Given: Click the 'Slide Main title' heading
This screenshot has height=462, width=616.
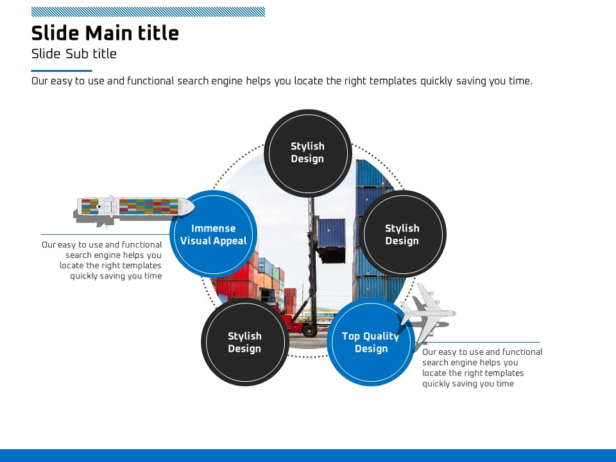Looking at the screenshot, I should [x=105, y=33].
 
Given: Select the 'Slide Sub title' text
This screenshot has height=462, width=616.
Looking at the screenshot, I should [x=74, y=54].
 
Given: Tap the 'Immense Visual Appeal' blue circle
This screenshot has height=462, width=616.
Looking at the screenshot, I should [x=214, y=234].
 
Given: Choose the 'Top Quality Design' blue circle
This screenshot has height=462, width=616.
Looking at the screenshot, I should [x=371, y=342].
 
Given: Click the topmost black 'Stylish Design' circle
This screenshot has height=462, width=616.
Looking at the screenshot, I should [x=308, y=153].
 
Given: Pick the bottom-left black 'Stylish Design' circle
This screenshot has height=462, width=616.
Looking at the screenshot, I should [x=244, y=342].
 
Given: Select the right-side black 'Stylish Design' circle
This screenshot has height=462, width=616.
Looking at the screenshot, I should [x=402, y=234].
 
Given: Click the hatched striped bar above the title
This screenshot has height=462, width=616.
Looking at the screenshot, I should [x=148, y=12].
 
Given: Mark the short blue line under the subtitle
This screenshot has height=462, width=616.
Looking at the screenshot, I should [x=62, y=71].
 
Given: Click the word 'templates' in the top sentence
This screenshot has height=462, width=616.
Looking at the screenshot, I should [x=393, y=81].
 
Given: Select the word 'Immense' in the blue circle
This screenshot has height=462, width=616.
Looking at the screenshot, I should [x=214, y=228].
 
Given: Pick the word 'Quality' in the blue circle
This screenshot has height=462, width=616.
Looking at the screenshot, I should [x=381, y=336].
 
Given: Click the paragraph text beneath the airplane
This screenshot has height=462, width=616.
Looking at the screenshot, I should [x=481, y=368].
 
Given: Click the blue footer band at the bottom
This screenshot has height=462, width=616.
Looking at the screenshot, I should [x=308, y=455].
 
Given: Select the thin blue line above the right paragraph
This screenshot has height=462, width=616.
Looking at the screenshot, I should [x=481, y=342].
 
